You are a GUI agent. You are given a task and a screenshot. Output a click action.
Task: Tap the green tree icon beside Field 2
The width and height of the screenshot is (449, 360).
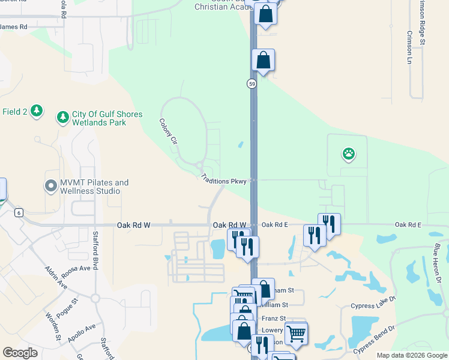pos(37,111)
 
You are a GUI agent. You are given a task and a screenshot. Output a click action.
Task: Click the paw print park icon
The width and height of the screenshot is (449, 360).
pos(349,154)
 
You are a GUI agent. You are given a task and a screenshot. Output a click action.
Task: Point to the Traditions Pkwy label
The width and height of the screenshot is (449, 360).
pos(224,180)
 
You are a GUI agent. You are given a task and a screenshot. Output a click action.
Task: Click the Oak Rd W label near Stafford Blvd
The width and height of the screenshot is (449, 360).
pos(133,225)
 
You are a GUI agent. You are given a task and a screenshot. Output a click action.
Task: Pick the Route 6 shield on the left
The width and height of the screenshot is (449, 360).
pos(19,212)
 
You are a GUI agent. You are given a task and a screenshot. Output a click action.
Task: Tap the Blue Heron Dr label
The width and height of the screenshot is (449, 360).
pos(437,263)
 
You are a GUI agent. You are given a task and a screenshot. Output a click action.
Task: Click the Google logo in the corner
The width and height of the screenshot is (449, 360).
pos(20,352)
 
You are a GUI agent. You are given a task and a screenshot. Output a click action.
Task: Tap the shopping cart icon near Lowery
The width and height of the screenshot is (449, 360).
pos(297,333)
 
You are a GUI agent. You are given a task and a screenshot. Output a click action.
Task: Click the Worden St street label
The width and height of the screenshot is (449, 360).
pos(53,326)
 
